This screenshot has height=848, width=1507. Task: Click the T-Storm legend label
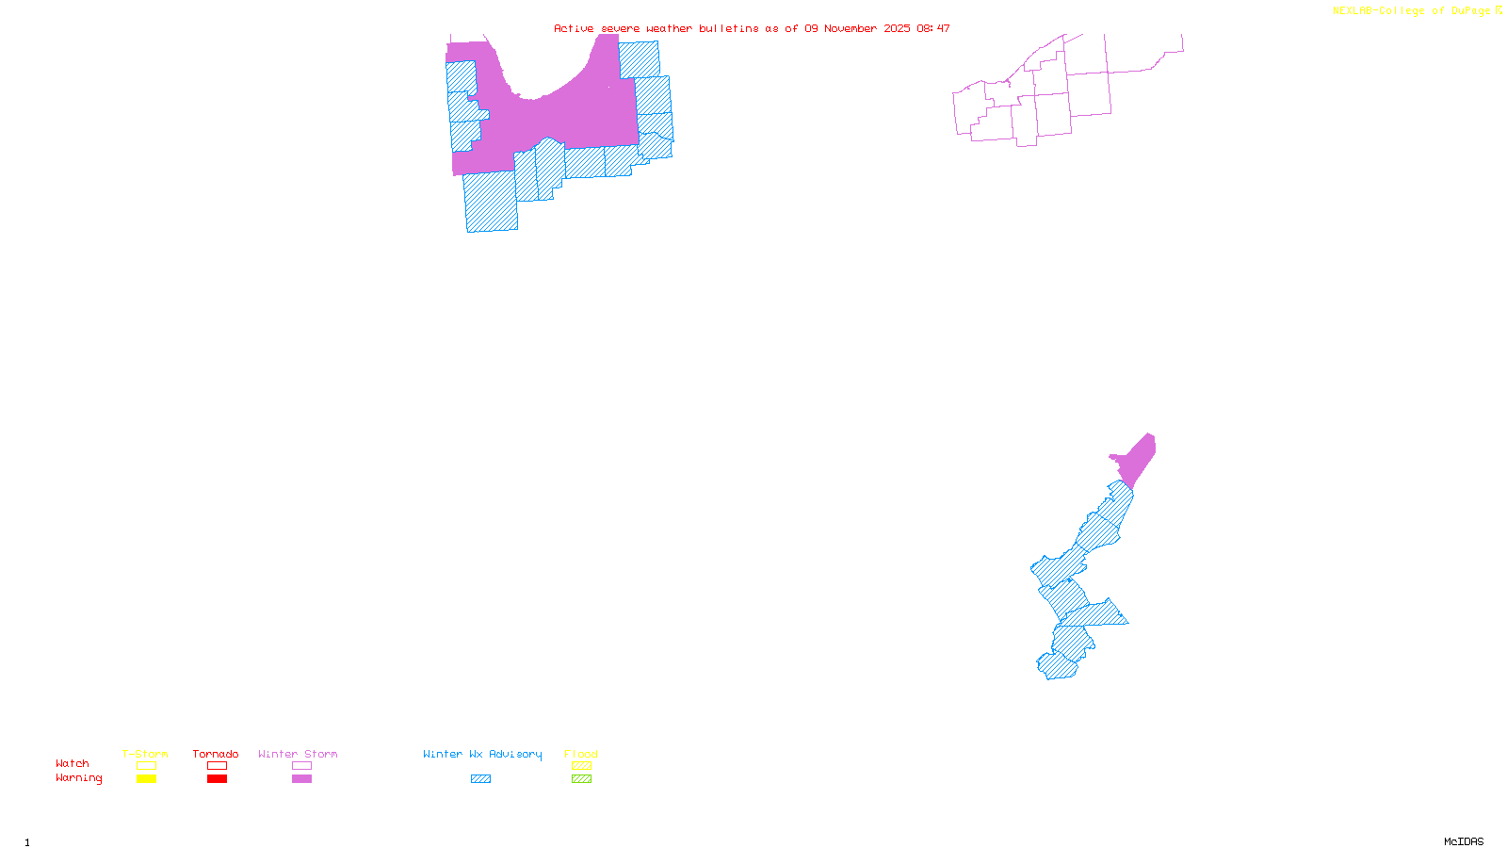coord(145,754)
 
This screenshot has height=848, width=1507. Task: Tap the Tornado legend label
coord(216,754)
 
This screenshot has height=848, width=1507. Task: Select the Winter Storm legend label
coord(298,754)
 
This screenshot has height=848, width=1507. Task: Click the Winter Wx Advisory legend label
coord(482,754)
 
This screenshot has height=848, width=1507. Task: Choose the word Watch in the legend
coord(73,763)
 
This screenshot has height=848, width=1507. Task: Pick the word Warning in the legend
coord(79,778)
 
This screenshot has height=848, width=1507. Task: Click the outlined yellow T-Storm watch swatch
coord(146,766)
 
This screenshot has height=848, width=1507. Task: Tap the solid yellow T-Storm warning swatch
coord(146,779)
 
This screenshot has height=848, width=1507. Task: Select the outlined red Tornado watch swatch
coord(217,766)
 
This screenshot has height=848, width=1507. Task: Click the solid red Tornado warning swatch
coord(217,779)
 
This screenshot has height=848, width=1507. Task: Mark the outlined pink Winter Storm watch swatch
coord(301,766)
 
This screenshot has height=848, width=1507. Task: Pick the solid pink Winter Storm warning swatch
coord(301,779)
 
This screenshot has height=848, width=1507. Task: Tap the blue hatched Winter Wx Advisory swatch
coord(480,779)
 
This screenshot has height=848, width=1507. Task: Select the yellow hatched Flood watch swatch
coord(581,766)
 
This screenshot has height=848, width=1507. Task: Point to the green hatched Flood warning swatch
coord(581,779)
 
